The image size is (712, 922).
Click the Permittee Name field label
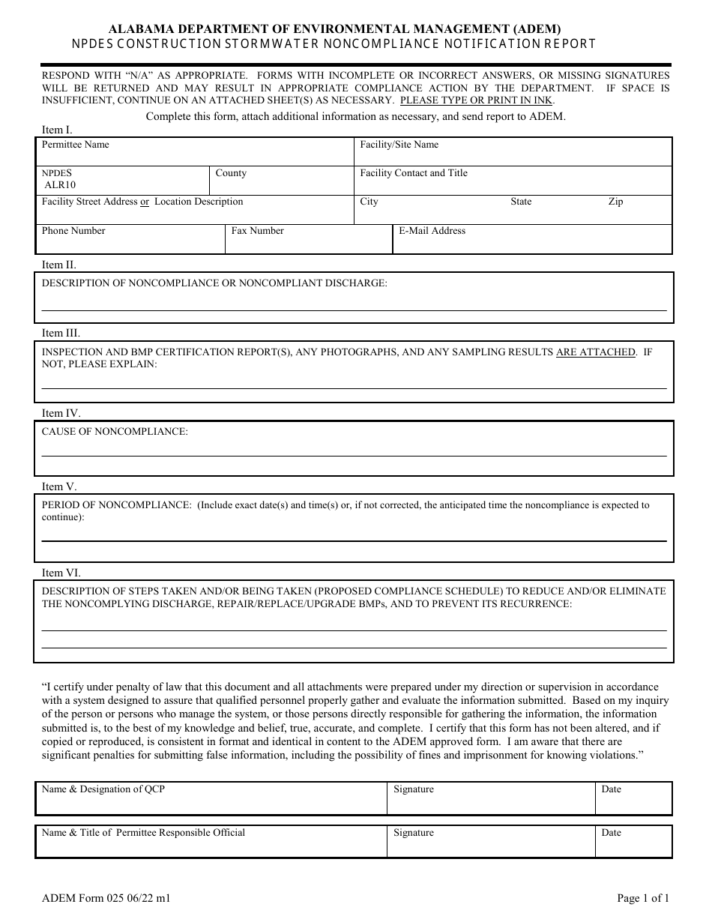pos(75,145)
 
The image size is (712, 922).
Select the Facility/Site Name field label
pos(399,145)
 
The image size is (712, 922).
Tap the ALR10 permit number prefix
pos(60,185)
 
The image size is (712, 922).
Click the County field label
pos(231,173)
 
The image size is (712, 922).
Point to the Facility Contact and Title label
pos(413,173)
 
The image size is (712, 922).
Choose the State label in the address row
pos(521,202)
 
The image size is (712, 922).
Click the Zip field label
pos(615,202)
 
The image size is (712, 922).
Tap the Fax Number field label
pos(257,231)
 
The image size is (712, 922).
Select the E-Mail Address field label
pos(432,231)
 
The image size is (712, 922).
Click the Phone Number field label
pos(73,231)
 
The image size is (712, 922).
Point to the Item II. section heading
pos(58,265)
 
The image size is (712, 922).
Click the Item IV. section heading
pos(61,413)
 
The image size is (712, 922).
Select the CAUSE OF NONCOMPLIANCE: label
pos(115,432)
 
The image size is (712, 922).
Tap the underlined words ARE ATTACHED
pos(595,352)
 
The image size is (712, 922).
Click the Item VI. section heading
pos(61,573)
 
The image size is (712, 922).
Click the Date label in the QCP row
pos(611,789)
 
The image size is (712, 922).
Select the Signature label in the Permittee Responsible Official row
pos(414,833)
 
